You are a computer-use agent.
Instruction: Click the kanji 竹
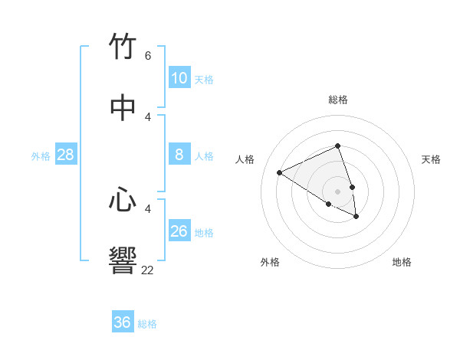[123, 47]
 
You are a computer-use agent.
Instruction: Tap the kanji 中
[123, 108]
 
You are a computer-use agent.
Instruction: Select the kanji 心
[123, 200]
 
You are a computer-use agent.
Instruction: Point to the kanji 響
[123, 261]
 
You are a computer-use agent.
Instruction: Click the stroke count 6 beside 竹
[148, 56]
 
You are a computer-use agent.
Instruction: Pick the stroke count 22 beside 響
[147, 270]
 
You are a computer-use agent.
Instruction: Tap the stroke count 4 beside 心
[148, 208]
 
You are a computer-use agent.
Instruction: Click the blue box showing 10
[179, 78]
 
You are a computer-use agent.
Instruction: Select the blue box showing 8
[179, 155]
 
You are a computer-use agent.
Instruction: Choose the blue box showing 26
[179, 231]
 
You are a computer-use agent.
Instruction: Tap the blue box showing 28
[66, 155]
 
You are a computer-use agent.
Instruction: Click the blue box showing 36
[123, 322]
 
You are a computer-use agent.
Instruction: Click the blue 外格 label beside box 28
[41, 156]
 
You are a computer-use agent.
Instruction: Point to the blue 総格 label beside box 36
[147, 324]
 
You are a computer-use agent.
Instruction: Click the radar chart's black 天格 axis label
[431, 159]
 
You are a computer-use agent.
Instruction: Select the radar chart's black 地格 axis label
[402, 262]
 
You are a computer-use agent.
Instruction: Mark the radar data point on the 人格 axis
[280, 172]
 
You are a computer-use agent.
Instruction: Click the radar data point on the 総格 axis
[337, 146]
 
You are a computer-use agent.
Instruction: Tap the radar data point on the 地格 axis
[356, 217]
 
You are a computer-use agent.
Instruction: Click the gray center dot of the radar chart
[337, 191]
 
